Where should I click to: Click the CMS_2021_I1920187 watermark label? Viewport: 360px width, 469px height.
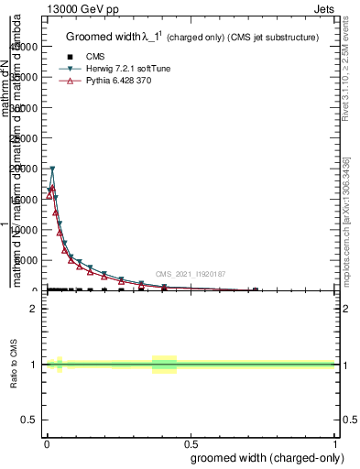tap(190, 274)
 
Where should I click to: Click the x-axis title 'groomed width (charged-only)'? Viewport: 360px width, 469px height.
tap(263, 455)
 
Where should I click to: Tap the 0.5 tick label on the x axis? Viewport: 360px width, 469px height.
tap(191, 442)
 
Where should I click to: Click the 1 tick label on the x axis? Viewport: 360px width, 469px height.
tap(334, 442)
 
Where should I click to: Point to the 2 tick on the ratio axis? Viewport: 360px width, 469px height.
tap(34, 309)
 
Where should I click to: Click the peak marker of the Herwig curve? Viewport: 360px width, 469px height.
tap(52, 169)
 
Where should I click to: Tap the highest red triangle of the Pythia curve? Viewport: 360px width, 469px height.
tap(52, 188)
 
